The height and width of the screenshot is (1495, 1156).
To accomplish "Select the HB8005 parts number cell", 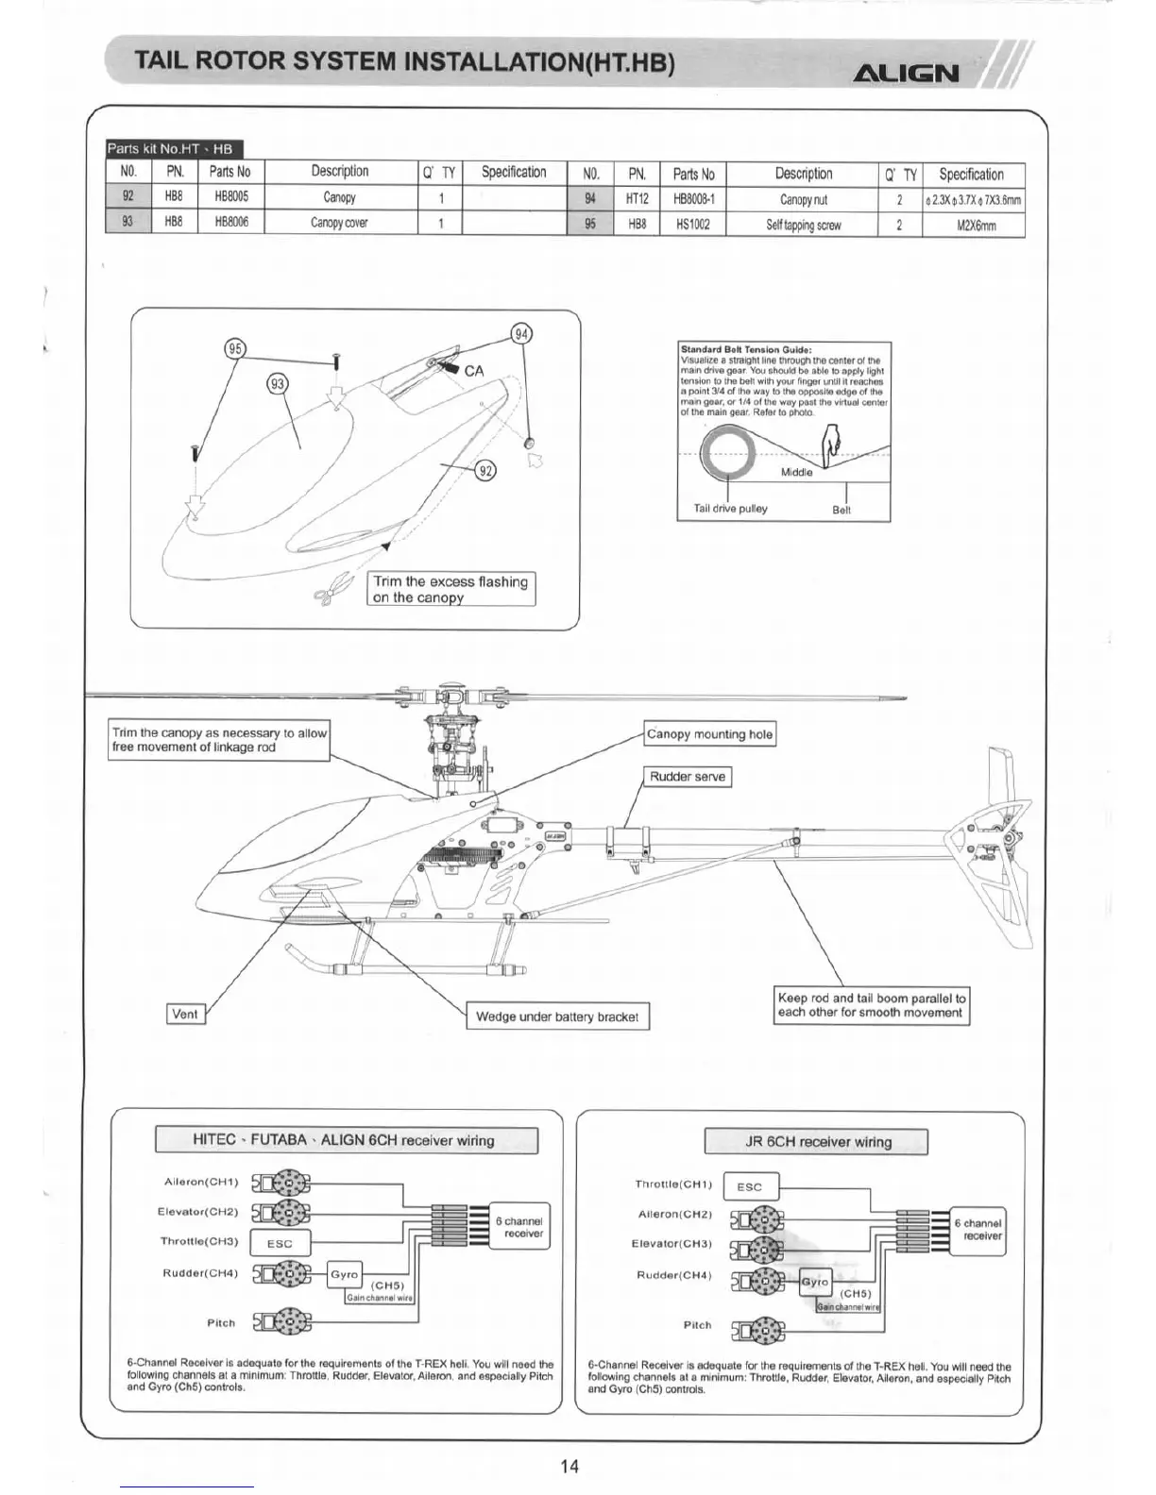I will click(x=231, y=197).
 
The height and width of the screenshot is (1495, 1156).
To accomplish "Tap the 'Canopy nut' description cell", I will click(x=803, y=200).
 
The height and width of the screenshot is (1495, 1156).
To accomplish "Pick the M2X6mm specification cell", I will click(x=973, y=226).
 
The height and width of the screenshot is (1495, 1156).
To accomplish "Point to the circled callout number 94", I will click(x=521, y=334).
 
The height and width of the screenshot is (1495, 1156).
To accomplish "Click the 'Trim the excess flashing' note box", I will click(x=450, y=589).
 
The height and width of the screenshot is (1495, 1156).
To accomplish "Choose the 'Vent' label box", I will click(x=185, y=1014).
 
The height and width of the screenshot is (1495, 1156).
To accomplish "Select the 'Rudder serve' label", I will click(x=688, y=777).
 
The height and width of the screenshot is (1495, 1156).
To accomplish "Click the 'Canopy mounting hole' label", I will click(x=709, y=734).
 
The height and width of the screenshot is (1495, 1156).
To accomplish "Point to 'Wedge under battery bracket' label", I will click(x=557, y=1016).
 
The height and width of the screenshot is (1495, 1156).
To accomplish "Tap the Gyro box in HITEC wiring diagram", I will click(x=344, y=1274).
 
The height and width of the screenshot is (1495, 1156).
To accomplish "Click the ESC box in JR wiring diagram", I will click(x=749, y=1186).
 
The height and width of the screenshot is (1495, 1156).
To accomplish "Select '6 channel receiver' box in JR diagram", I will click(x=982, y=1230).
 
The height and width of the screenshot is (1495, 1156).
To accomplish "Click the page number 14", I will click(x=569, y=1466).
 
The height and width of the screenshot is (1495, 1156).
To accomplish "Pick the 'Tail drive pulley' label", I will click(x=730, y=509).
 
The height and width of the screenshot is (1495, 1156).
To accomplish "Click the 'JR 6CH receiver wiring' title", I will click(x=817, y=1142).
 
